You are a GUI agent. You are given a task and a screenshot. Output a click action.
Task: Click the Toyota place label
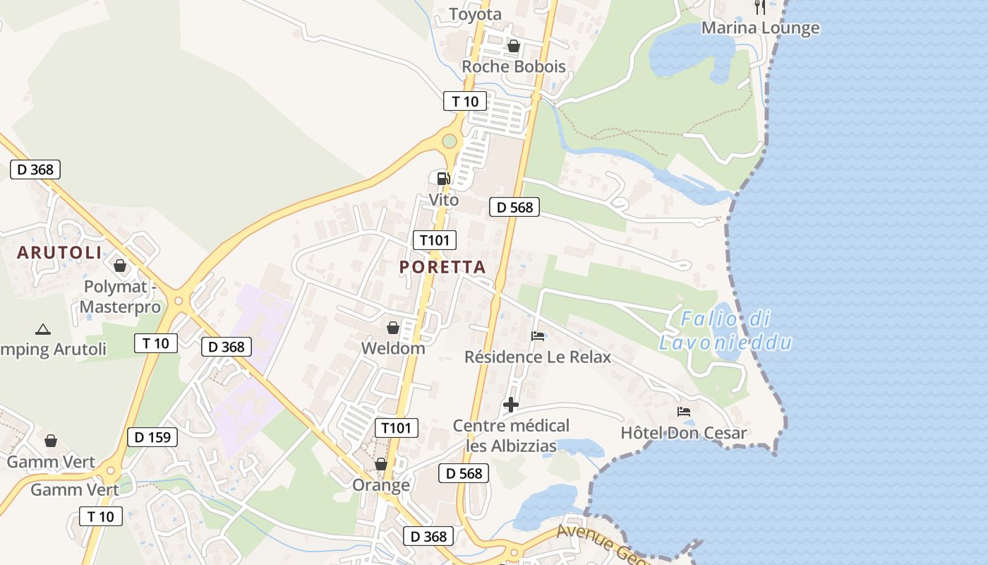[475, 14]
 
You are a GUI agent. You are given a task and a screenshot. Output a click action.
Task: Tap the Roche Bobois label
[513, 66]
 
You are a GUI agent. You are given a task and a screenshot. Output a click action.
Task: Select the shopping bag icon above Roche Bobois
[514, 47]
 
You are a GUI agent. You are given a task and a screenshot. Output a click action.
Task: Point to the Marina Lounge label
[760, 28]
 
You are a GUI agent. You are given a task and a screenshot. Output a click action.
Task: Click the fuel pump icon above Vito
[443, 179]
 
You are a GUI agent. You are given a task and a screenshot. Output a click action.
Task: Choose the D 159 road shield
[152, 437]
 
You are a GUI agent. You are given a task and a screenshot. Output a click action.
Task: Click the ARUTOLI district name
[59, 253]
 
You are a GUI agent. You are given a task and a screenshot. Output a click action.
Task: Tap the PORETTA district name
[442, 267]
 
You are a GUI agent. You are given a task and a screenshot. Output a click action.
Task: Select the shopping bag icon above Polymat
[120, 266]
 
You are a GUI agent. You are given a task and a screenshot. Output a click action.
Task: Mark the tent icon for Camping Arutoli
[43, 329]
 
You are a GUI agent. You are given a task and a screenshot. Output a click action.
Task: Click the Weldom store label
[393, 348]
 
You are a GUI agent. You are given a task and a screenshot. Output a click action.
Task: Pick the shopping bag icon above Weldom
[393, 328]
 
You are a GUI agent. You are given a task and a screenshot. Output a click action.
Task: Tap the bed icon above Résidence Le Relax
[538, 336]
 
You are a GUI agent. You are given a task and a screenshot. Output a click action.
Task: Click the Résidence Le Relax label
[538, 357]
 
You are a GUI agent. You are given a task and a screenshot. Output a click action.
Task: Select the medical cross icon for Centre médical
[511, 405]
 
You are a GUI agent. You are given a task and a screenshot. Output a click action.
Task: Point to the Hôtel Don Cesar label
[683, 433]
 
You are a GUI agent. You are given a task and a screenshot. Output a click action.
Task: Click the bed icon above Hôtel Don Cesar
[683, 412]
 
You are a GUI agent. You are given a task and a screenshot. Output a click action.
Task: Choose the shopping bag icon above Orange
[381, 465]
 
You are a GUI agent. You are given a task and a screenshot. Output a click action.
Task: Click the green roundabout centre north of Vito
[450, 142]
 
